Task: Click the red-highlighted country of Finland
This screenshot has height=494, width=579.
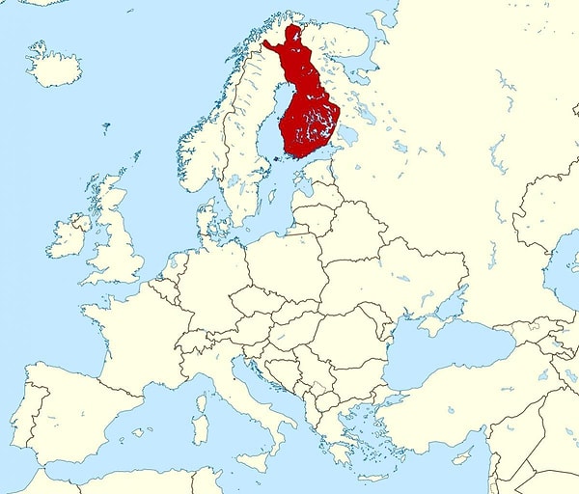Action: (x=307, y=116)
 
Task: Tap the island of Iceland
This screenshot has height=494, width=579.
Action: (x=54, y=66)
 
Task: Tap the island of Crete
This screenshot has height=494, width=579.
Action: (x=372, y=477)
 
